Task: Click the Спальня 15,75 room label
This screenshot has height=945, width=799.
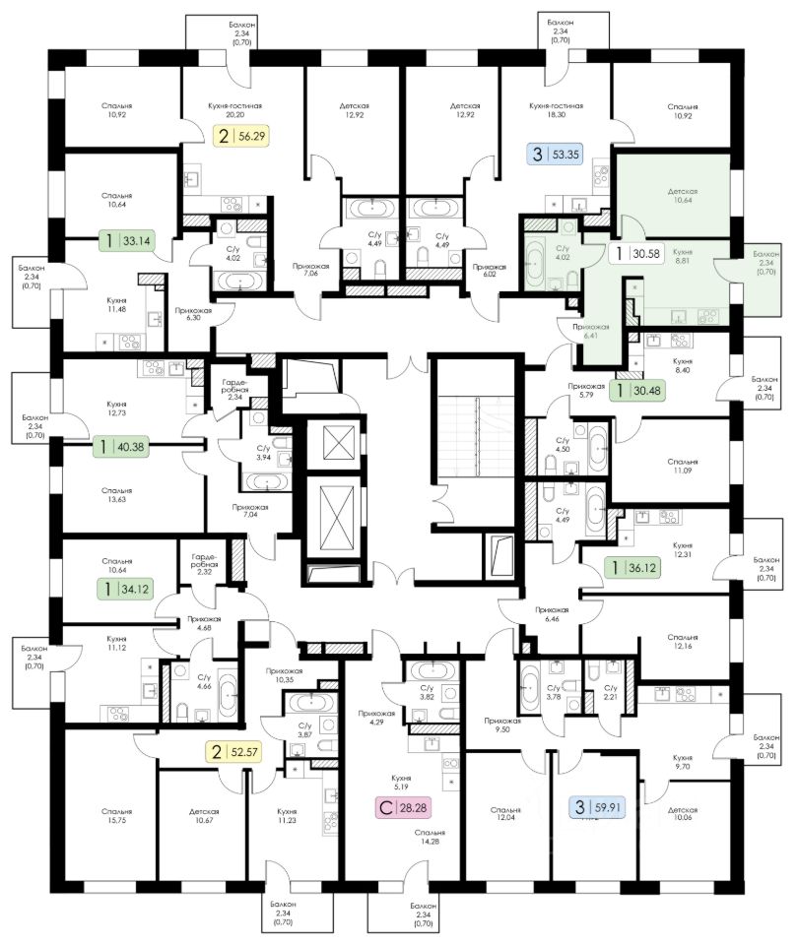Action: point(116,817)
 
